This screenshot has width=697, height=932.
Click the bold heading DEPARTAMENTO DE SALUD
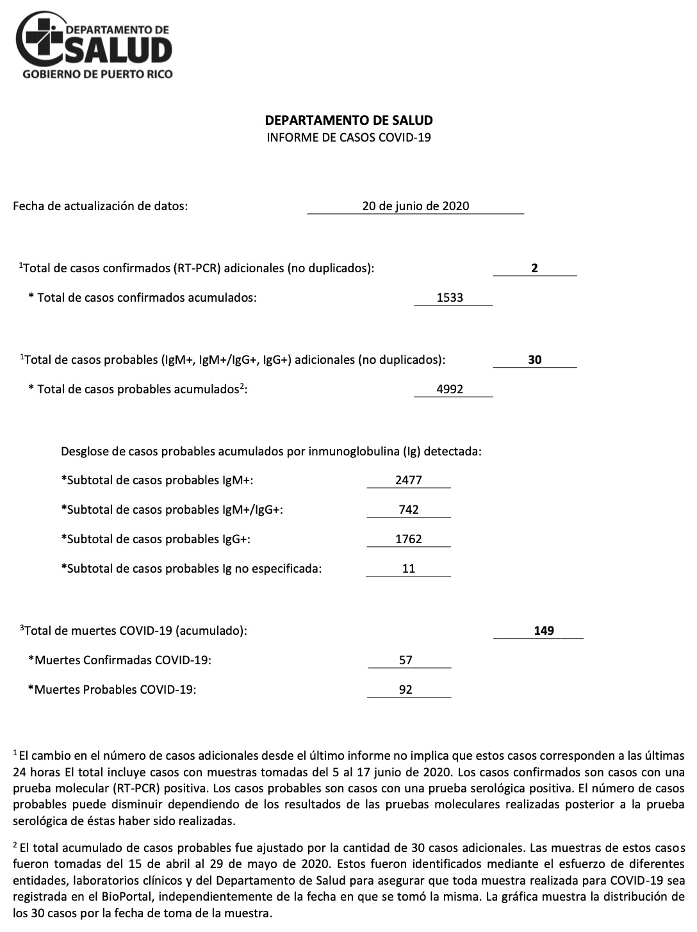point(348,120)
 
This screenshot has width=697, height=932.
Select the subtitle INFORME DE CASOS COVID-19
point(348,137)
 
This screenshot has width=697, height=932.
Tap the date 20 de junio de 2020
point(415,206)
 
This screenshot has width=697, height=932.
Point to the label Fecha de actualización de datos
point(101,206)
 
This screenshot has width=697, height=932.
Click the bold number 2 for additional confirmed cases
point(534,268)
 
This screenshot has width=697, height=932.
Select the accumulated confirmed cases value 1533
point(450,298)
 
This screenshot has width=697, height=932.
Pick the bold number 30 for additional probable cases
point(534,360)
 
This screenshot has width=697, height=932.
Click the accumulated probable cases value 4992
point(450,389)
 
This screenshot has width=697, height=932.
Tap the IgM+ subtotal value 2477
point(409,480)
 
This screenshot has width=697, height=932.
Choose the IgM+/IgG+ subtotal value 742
point(409,510)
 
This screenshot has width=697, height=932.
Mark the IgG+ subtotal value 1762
point(409,539)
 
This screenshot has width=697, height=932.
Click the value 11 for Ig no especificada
point(409,569)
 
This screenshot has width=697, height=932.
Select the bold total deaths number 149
point(543,631)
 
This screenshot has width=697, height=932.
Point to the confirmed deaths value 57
point(406,660)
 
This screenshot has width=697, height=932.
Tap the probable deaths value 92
point(406,690)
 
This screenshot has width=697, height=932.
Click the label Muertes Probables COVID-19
point(112,690)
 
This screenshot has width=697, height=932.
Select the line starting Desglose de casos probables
point(271,452)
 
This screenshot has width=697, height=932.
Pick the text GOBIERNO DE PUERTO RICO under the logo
point(97,74)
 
